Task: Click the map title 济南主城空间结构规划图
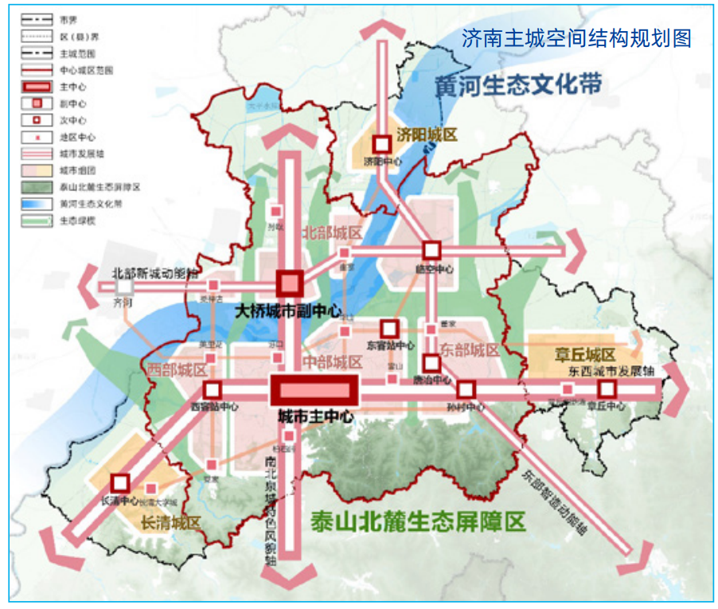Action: [576, 38]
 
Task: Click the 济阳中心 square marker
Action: [382, 144]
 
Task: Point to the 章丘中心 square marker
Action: [608, 389]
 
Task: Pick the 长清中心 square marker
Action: [120, 482]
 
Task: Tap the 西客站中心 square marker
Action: [213, 390]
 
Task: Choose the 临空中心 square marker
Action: [431, 250]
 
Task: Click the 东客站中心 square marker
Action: [389, 328]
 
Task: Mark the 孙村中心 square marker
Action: [466, 390]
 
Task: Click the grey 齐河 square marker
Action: [123, 285]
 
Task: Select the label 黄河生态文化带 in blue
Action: [517, 85]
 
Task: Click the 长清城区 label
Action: [170, 523]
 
